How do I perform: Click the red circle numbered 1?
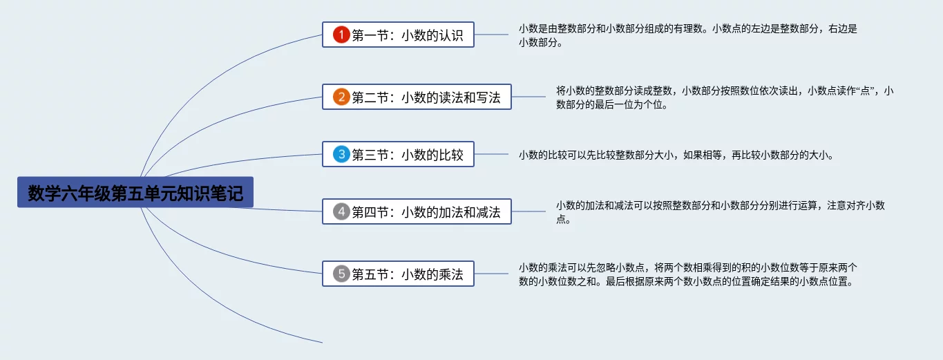pos(341,35)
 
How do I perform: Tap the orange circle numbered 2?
pos(341,97)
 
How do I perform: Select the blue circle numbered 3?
pos(341,154)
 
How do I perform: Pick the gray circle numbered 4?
pos(341,211)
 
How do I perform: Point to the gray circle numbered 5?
pos(341,274)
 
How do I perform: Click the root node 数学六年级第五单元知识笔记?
pos(135,192)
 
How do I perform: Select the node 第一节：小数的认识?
pos(398,35)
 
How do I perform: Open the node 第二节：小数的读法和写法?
pos(417,97)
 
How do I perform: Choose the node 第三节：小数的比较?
pos(398,154)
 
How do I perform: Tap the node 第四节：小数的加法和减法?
pos(417,211)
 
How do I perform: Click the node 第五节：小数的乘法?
pos(398,274)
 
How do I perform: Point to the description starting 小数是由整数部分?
pos(688,35)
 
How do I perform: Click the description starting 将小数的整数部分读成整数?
pos(725,97)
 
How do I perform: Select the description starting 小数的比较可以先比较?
pos(676,155)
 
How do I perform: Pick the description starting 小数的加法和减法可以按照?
pos(721,212)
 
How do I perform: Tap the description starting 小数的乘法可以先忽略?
pos(688,274)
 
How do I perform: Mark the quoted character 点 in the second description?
pos(865,91)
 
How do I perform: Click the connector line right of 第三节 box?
pos(491,154)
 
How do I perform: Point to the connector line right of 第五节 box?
pos(491,274)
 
